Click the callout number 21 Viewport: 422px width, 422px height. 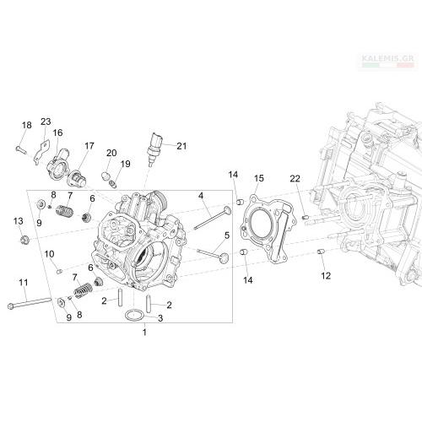181,146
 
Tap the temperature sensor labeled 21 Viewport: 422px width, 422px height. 154,149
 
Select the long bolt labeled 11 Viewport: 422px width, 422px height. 30,303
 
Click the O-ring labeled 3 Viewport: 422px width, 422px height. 135,315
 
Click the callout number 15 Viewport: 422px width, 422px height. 259,178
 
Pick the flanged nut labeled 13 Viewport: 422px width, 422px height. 24,240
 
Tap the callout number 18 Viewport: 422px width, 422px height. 27,125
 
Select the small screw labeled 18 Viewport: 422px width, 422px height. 21,149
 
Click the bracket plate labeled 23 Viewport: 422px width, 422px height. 41,153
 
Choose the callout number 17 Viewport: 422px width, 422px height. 89,146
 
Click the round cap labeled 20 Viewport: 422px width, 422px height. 105,176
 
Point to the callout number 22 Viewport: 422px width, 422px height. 295,178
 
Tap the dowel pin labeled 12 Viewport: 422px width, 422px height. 321,252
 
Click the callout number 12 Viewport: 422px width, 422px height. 326,276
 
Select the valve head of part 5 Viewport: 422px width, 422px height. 225,257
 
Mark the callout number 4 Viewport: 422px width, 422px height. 201,195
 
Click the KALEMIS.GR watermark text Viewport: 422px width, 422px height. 387,58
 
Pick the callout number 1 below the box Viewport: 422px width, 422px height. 144,333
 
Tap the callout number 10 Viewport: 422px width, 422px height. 49,254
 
